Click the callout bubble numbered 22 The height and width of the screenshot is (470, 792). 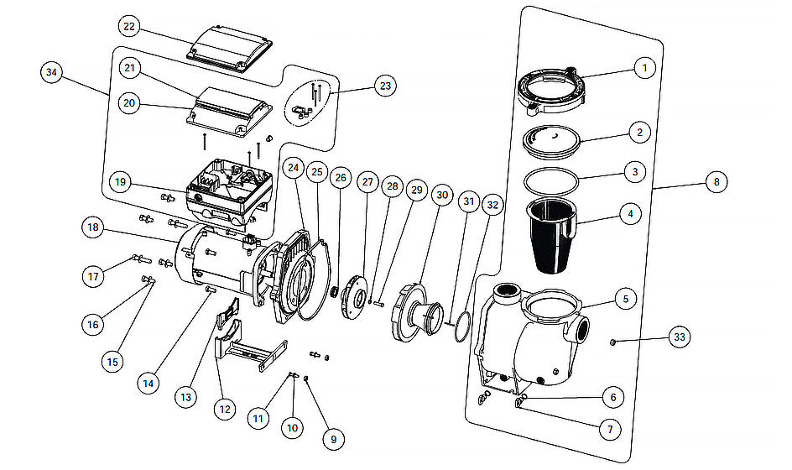(129, 26)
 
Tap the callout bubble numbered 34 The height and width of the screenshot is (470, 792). (51, 72)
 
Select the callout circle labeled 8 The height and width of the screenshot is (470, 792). (716, 181)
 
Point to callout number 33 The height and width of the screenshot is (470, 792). (680, 337)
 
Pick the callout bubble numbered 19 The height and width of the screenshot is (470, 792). (120, 182)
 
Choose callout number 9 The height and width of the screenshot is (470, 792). (333, 439)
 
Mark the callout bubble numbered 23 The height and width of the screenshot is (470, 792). (385, 86)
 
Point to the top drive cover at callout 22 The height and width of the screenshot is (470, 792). (231, 50)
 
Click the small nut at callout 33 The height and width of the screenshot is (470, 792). (612, 342)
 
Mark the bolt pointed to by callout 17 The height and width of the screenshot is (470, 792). (142, 258)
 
